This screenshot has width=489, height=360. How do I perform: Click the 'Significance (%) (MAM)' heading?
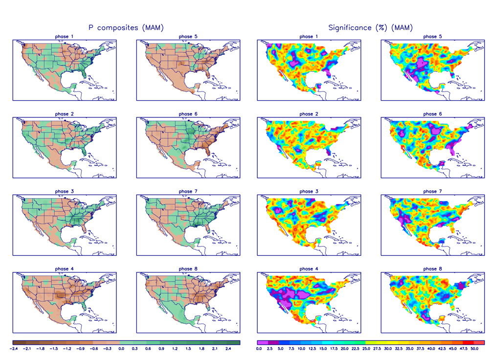[370, 28]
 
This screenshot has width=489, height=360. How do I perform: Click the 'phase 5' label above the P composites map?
[185, 37]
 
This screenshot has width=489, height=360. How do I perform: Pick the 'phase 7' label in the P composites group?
[185, 191]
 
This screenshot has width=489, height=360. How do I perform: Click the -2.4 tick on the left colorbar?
[14, 349]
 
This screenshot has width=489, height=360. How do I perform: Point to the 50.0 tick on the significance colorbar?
[474, 349]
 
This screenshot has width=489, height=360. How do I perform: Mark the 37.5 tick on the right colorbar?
[420, 349]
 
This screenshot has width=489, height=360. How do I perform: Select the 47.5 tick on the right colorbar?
[463, 349]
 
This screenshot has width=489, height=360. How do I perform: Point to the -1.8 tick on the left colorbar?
[41, 349]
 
